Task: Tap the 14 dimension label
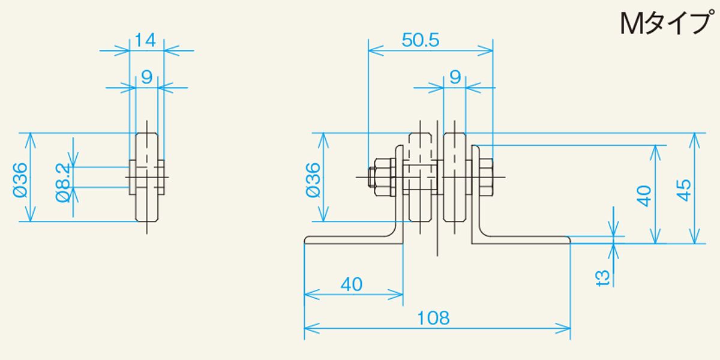click(145, 40)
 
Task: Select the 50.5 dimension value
click(421, 40)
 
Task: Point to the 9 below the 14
click(146, 76)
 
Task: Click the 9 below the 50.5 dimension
click(454, 76)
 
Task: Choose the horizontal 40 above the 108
click(352, 284)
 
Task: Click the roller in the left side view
click(147, 177)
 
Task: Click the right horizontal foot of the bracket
click(522, 240)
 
